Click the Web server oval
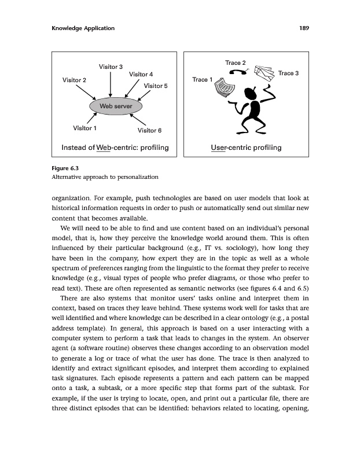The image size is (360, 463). click(x=116, y=106)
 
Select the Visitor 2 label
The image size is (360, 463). click(x=75, y=80)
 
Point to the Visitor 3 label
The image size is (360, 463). click(x=111, y=67)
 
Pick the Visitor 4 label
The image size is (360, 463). click(x=141, y=75)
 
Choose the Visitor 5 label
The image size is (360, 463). click(x=156, y=86)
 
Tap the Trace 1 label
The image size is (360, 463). click(x=203, y=79)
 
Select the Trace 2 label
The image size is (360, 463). click(x=236, y=63)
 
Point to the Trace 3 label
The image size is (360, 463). click(x=288, y=74)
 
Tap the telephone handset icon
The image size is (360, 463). click(x=237, y=72)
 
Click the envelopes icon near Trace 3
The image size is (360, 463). click(x=263, y=72)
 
